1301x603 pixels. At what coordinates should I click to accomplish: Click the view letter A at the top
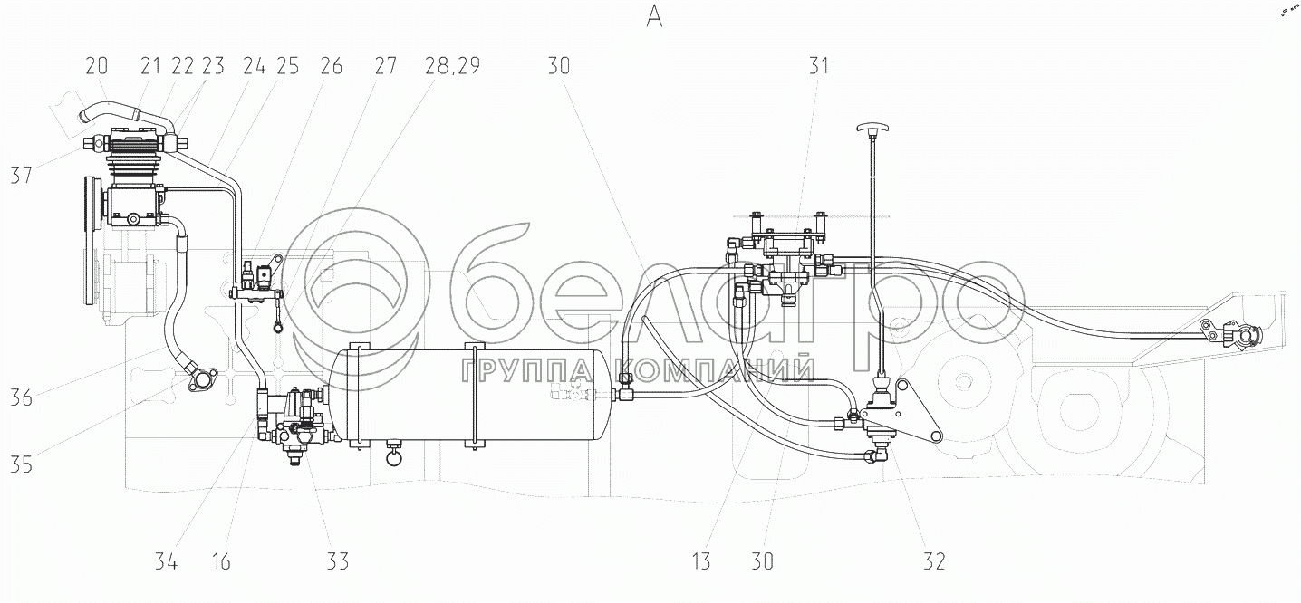(654, 17)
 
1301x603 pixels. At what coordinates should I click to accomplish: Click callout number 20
(96, 66)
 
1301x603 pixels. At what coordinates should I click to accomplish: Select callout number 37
(22, 175)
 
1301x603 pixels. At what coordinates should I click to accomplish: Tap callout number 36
(22, 398)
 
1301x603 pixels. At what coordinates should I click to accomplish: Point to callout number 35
(22, 464)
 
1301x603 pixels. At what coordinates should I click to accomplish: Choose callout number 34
(166, 561)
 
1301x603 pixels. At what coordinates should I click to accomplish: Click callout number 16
(221, 561)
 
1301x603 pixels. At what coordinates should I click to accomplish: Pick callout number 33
(337, 561)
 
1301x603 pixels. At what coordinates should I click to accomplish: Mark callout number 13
(701, 561)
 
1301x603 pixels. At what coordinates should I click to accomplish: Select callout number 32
(934, 561)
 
